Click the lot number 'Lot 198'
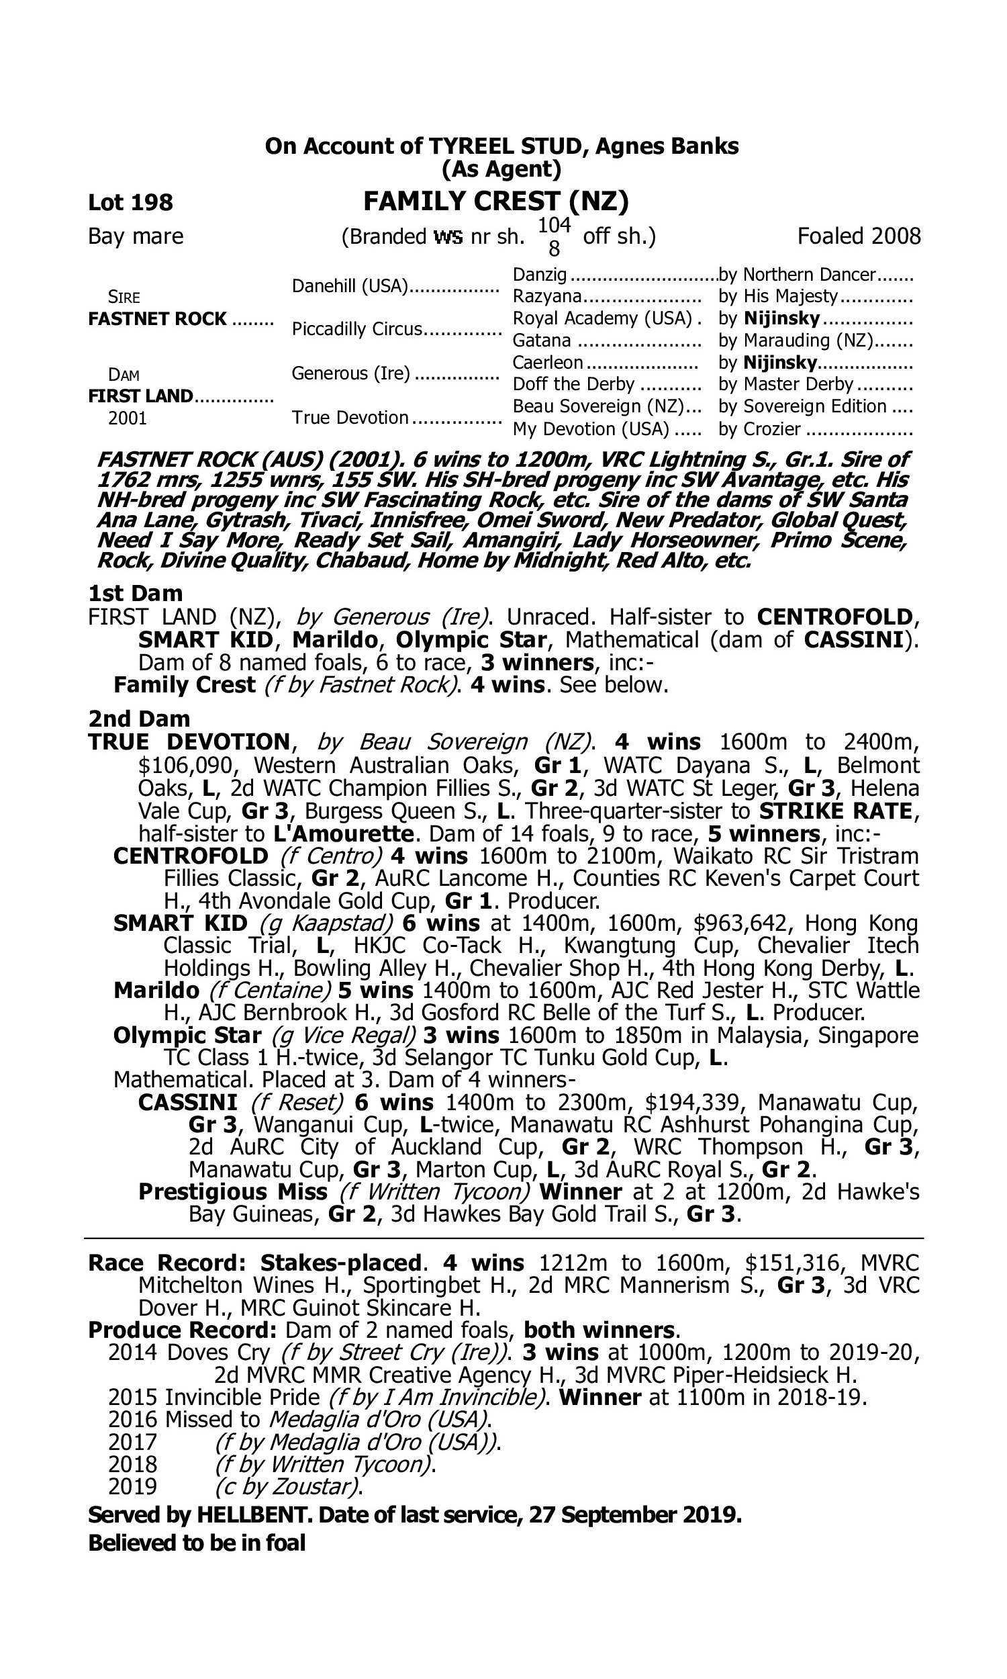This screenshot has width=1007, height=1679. pos(130,202)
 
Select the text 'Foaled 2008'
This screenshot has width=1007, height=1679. pos(859,236)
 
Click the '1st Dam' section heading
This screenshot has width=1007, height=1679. pos(135,593)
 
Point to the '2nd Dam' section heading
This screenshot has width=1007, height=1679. pos(139,718)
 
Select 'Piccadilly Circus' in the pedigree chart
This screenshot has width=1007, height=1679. pos(357,329)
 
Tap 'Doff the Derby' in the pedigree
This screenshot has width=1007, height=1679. pos(573,384)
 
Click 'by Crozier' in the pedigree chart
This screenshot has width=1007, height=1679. pos(759,429)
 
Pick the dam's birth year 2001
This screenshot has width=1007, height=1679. pos(128,418)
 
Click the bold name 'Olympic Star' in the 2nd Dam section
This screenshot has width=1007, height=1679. pos(187,1035)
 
